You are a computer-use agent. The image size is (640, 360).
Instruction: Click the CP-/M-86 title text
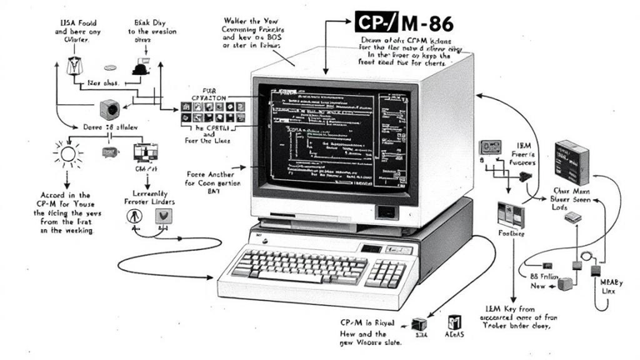pos(407,23)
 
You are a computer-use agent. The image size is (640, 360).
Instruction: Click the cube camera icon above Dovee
pos(108,109)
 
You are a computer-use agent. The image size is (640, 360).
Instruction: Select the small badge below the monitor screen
pos(385,211)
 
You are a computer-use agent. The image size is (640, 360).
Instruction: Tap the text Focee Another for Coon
pos(210,180)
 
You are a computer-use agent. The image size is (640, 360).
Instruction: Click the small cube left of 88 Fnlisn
pos(565,283)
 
